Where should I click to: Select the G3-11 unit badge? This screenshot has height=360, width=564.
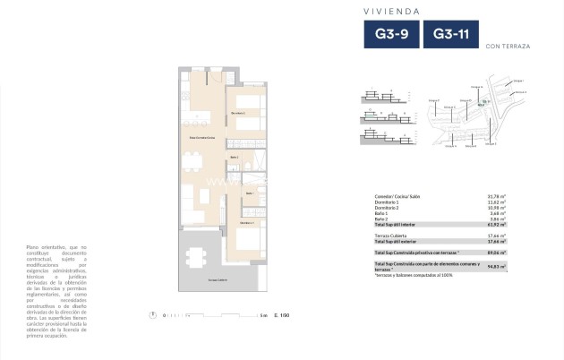coord(451,35)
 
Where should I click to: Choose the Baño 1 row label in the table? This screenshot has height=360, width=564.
coord(381,213)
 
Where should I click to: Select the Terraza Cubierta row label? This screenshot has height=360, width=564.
coord(393,235)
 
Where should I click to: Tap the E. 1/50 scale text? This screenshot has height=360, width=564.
coord(283,314)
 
